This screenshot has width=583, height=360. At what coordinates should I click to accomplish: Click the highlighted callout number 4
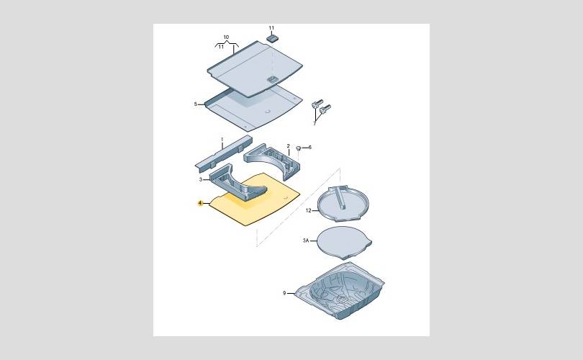tap(200, 203)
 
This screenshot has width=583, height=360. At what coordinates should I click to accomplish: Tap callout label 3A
tap(306, 240)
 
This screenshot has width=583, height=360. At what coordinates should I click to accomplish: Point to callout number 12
tap(308, 210)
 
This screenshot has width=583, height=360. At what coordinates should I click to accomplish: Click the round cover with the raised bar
tap(343, 203)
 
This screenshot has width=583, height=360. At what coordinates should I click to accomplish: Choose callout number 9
tap(284, 293)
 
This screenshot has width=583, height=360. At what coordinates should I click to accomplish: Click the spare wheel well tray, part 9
tap(340, 291)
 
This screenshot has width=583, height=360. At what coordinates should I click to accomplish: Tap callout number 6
tap(310, 148)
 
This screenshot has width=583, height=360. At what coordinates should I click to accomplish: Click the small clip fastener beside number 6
tap(298, 149)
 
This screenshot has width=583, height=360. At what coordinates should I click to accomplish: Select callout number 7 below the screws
tap(315, 123)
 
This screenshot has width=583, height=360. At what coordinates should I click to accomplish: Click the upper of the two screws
tap(317, 104)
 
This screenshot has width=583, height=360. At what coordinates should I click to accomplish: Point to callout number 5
tap(196, 104)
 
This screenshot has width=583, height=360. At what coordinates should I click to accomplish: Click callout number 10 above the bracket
tap(226, 37)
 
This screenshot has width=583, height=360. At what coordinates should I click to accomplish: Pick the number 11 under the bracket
tap(221, 47)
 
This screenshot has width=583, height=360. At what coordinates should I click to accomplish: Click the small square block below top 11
tap(273, 37)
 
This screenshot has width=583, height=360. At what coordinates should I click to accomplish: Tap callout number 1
tap(222, 140)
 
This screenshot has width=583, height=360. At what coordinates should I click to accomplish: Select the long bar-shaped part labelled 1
tap(224, 153)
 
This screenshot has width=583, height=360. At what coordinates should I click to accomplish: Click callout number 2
tap(288, 146)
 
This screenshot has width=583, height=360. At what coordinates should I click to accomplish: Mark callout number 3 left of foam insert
tap(201, 179)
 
